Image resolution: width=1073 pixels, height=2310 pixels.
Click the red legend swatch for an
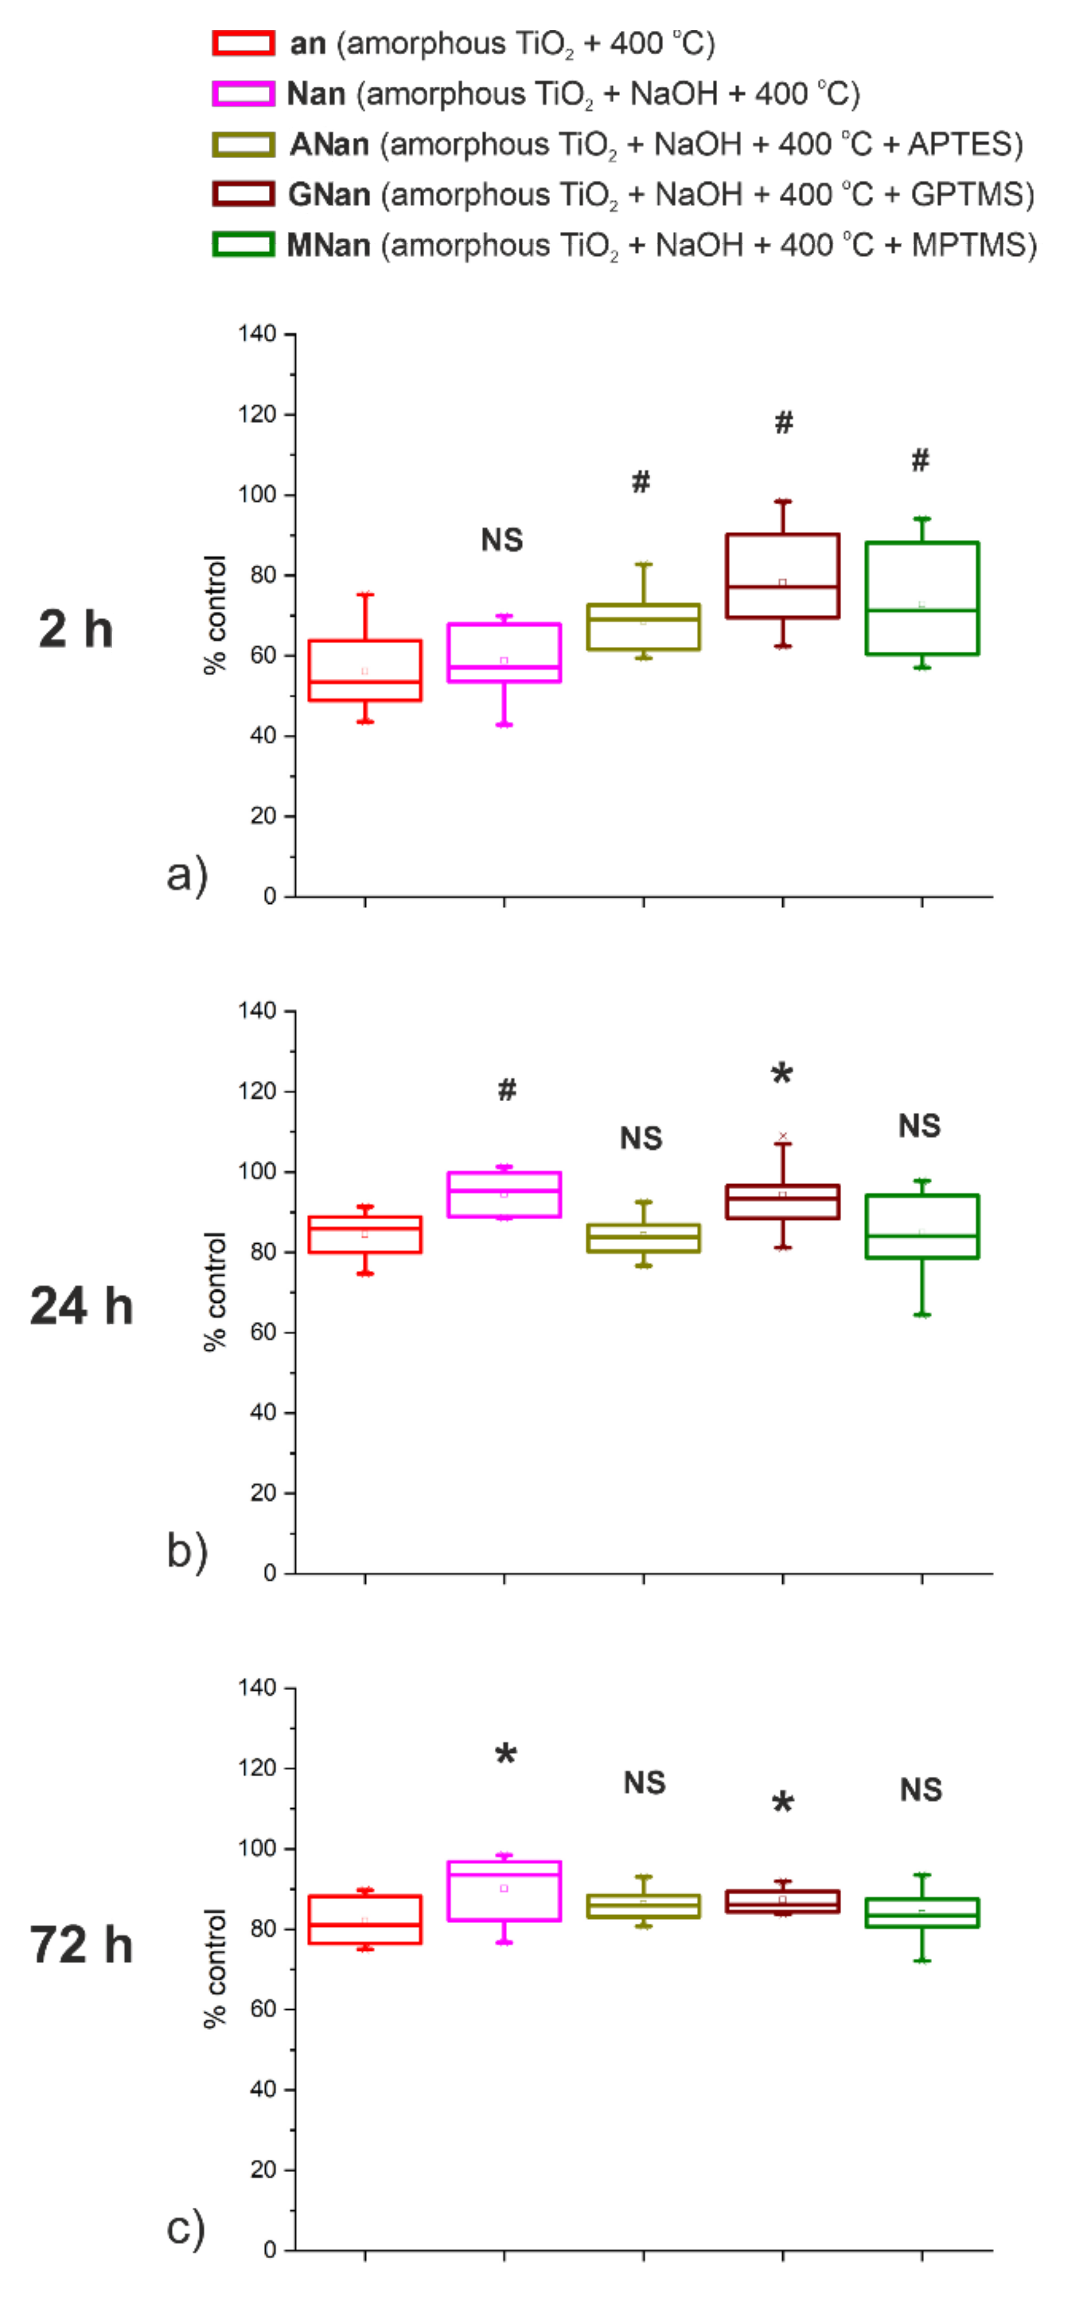(243, 43)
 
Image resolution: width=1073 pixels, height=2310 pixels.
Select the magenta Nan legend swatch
(243, 93)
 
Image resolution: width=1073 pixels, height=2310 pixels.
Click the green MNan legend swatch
(243, 245)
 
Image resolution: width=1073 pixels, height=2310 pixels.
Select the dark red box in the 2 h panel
(782, 576)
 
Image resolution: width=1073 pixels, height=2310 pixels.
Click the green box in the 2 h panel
(922, 598)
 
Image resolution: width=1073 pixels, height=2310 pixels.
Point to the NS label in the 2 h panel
(502, 540)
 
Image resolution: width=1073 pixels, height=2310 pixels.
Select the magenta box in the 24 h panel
(505, 1195)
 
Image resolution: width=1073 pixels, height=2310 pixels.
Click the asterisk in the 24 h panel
(782, 1074)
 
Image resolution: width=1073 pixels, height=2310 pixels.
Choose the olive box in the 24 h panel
(643, 1237)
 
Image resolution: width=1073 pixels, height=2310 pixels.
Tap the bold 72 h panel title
(81, 1945)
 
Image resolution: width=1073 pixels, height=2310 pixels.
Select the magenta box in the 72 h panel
(505, 1891)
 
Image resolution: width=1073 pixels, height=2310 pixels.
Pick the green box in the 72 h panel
(922, 1913)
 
